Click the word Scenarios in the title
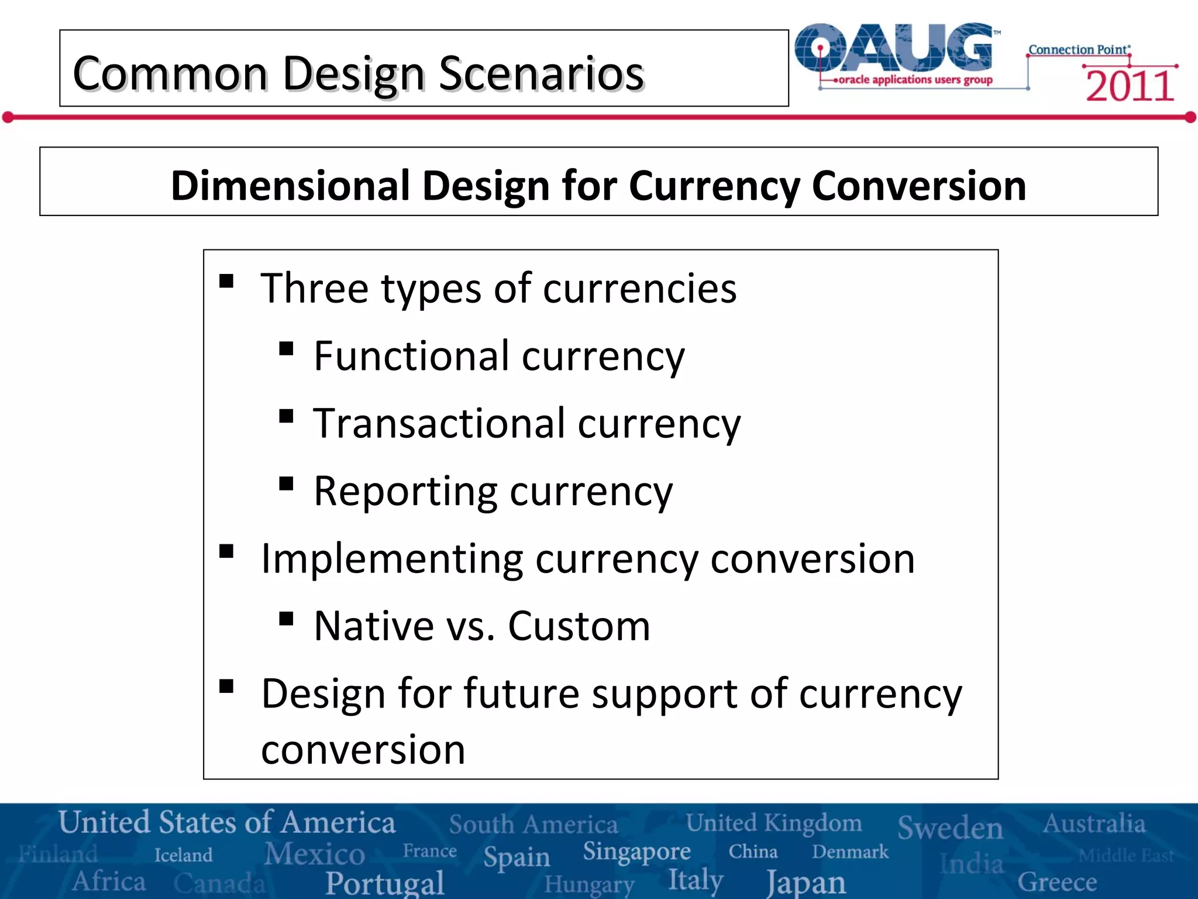[541, 74]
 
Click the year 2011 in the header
[1130, 86]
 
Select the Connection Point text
[1079, 50]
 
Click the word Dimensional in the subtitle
[290, 186]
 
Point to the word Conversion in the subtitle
[918, 186]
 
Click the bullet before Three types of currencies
[226, 282]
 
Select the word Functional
[412, 356]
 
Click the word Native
[373, 626]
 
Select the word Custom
[579, 626]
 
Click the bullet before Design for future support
[226, 686]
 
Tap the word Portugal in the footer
[385, 883]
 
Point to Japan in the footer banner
[806, 882]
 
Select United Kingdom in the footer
[773, 823]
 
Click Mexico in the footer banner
[315, 854]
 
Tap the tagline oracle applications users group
[915, 80]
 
